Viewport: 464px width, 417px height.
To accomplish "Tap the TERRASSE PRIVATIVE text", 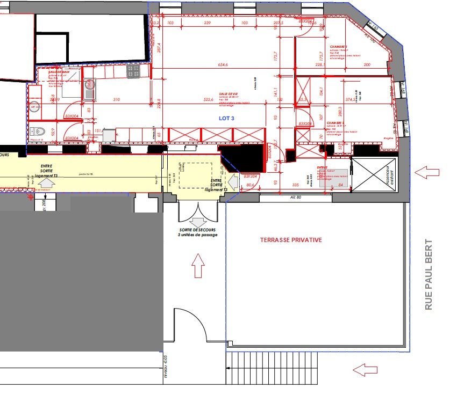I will [x=291, y=240].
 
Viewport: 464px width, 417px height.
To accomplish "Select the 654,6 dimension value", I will [x=223, y=65].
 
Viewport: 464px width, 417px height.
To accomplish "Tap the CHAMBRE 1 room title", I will [x=339, y=47].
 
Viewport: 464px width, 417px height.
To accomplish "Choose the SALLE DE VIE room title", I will [x=228, y=93].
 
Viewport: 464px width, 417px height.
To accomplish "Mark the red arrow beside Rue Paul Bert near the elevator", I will [x=427, y=173].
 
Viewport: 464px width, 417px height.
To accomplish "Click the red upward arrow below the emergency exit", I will [x=198, y=266].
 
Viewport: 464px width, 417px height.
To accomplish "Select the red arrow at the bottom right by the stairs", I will [x=366, y=369].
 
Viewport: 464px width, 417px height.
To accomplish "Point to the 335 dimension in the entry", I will [x=295, y=185].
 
